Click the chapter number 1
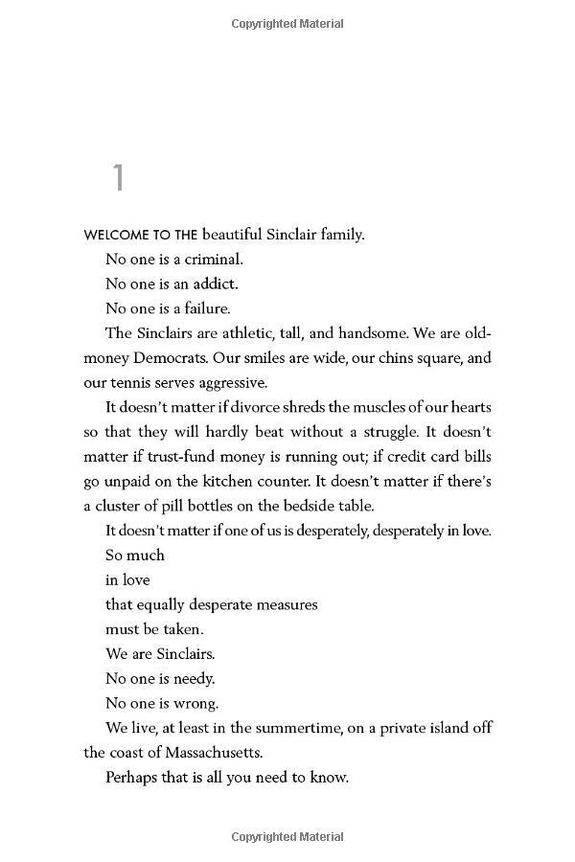coord(118,178)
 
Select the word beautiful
coord(236,234)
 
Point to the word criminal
coord(213,259)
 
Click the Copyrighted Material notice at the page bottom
coord(287,837)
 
